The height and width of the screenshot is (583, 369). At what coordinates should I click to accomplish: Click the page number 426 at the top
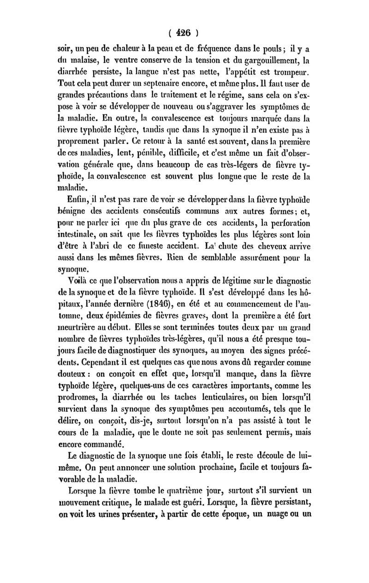pyautogui.click(x=184, y=34)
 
